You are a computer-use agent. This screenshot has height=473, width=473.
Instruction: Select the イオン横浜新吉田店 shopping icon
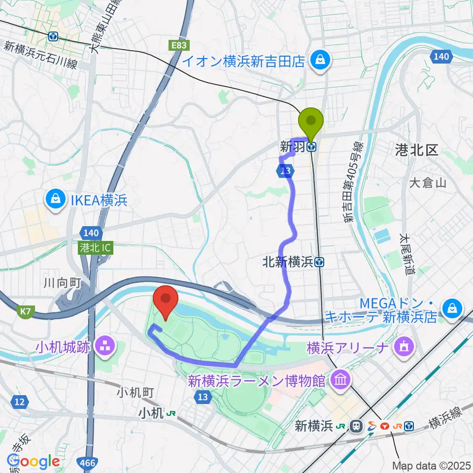click(x=321, y=61)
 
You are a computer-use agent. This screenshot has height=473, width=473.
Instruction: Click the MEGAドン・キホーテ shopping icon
click(x=451, y=309)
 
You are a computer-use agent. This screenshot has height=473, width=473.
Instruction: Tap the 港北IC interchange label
click(x=95, y=249)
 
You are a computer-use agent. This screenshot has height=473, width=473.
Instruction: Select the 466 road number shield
click(x=88, y=462)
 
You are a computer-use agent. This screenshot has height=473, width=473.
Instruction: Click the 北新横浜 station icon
click(x=320, y=263)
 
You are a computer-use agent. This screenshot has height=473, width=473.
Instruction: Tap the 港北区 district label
click(x=416, y=150)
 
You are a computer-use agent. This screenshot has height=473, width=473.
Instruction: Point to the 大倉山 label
click(x=427, y=183)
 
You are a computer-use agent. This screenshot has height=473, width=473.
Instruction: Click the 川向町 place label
click(x=62, y=283)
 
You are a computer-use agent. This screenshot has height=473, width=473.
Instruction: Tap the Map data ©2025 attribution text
click(x=432, y=465)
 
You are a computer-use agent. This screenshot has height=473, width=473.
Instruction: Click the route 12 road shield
click(x=19, y=403)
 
